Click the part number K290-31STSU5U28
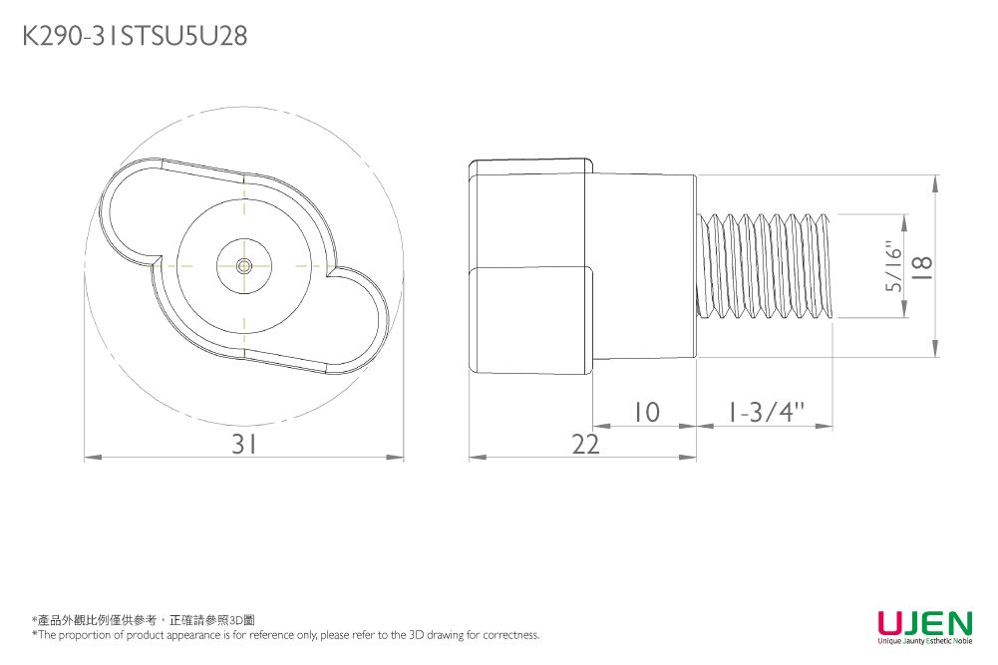click(x=135, y=37)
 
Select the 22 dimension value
click(x=586, y=445)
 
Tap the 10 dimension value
click(x=646, y=412)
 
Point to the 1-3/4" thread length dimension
click(x=766, y=412)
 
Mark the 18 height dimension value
click(x=923, y=265)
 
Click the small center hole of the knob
click(x=244, y=265)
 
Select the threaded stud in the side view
click(x=768, y=266)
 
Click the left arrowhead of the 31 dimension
click(x=89, y=458)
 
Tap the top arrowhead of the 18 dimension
click(x=936, y=181)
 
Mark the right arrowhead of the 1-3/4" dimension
click(x=828, y=426)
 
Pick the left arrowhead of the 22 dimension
click(x=475, y=458)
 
